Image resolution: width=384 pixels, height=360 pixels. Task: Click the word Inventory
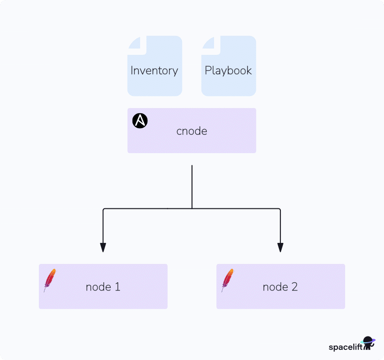click(154, 71)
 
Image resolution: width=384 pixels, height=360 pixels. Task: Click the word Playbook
click(228, 71)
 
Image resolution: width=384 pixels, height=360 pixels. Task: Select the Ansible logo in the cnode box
click(140, 121)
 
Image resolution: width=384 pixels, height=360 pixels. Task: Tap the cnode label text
click(192, 131)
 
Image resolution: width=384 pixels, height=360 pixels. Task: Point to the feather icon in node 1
click(49, 280)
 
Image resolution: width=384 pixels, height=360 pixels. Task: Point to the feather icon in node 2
click(227, 280)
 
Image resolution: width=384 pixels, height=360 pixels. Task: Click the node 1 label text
click(103, 287)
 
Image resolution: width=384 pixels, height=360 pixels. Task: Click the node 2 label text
click(280, 287)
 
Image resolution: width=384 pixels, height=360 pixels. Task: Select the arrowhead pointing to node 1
click(103, 247)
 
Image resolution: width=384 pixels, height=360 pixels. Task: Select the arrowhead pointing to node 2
click(280, 247)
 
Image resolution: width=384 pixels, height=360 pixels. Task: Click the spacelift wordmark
click(344, 347)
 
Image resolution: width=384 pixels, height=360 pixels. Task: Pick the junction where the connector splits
click(192, 208)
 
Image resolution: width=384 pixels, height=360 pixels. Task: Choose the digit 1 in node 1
click(117, 287)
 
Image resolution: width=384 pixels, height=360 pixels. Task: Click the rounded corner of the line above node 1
click(104, 210)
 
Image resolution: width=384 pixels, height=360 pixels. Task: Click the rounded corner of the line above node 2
click(279, 210)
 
